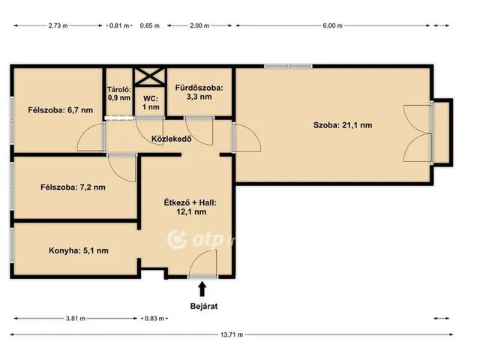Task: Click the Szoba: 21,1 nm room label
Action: click(x=343, y=125)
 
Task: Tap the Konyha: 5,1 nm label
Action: click(x=78, y=250)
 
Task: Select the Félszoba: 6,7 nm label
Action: click(x=60, y=110)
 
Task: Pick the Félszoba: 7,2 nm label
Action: click(x=73, y=187)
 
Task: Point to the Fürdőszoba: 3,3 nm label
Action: click(x=199, y=92)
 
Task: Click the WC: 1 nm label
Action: click(x=151, y=103)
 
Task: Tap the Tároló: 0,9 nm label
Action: click(x=119, y=93)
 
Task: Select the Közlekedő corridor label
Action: click(x=172, y=139)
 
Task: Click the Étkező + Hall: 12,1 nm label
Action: click(x=190, y=207)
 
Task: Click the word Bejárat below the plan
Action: click(x=204, y=306)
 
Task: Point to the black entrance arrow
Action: click(x=202, y=289)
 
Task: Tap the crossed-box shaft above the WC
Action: click(x=150, y=76)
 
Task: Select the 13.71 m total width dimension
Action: click(x=232, y=334)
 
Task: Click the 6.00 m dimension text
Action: click(x=332, y=25)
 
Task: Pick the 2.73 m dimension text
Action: click(x=58, y=25)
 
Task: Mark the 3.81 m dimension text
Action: click(x=76, y=319)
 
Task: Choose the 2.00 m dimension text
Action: click(x=199, y=25)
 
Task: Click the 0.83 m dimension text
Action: click(x=154, y=319)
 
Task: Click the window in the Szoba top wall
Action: click(x=288, y=66)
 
